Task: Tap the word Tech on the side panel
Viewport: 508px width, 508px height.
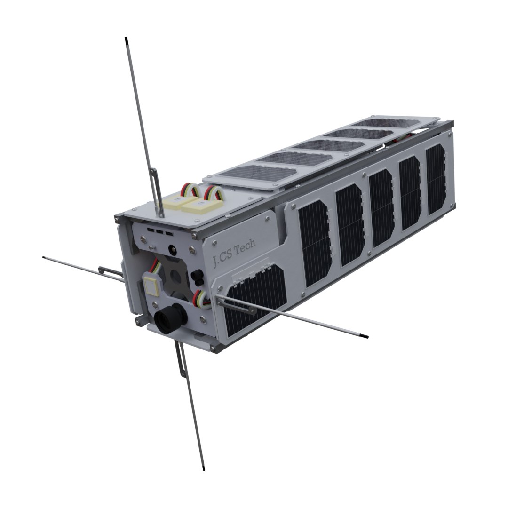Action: point(244,248)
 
